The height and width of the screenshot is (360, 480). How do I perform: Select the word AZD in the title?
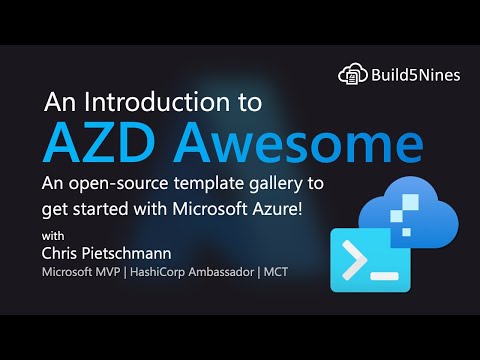(x=93, y=143)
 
